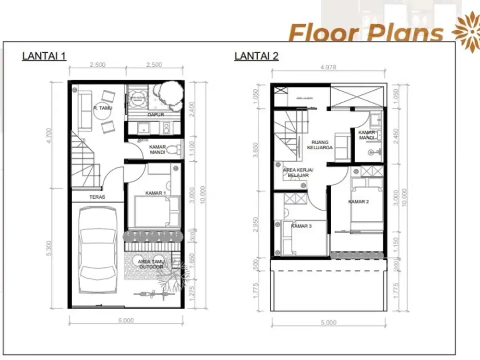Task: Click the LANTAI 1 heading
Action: click(x=44, y=56)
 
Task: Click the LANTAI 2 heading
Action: click(x=256, y=56)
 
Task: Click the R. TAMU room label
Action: click(x=102, y=108)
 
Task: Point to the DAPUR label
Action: click(x=154, y=115)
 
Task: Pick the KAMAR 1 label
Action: click(x=156, y=193)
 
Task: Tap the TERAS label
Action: click(x=97, y=197)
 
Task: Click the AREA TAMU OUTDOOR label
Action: click(x=151, y=264)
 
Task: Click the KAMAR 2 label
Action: click(x=358, y=202)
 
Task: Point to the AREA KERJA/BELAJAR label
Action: click(x=298, y=173)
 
